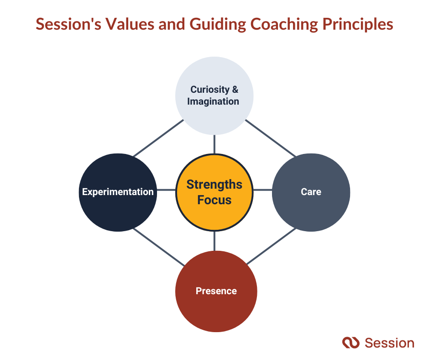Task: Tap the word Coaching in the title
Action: pos(284,24)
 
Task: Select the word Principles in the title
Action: pos(358,25)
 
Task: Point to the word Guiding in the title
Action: pos(218,25)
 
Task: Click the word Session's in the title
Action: pos(68,24)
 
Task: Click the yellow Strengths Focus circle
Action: pos(214,192)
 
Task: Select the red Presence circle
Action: pos(216,291)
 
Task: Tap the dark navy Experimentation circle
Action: pos(118,192)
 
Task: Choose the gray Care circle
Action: pos(311,192)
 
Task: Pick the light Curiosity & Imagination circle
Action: pos(214,95)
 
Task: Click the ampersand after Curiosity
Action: pos(235,90)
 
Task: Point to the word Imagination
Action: pos(213,101)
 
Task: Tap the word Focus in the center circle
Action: pos(214,200)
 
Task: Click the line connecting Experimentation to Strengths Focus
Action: pos(166,190)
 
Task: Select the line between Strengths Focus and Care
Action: pos(263,190)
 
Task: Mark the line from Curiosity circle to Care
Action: pos(271,138)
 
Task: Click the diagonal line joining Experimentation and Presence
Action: pos(159,247)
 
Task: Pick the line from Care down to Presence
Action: pos(271,246)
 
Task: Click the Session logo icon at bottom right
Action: pos(351,343)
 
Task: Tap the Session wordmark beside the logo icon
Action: pos(390,343)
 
